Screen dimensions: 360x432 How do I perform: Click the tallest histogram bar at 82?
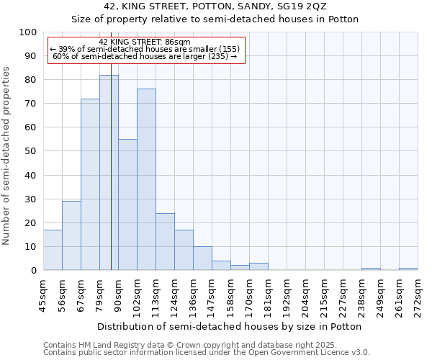click(x=109, y=173)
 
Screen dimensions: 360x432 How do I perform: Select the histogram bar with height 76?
click(x=146, y=180)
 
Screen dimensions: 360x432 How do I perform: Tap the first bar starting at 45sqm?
click(x=53, y=250)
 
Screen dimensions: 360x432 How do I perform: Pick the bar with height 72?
click(x=90, y=184)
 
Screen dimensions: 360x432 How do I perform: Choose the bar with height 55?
click(x=127, y=204)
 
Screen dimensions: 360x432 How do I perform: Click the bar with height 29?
click(x=71, y=235)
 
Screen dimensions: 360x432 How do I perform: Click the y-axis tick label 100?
click(x=27, y=32)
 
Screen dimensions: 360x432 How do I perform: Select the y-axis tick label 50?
click(x=30, y=151)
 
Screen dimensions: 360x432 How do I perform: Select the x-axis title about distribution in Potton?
click(x=230, y=326)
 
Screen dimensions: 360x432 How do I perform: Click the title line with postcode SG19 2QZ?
click(x=215, y=6)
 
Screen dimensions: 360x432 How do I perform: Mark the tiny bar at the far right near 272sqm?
click(x=408, y=269)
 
